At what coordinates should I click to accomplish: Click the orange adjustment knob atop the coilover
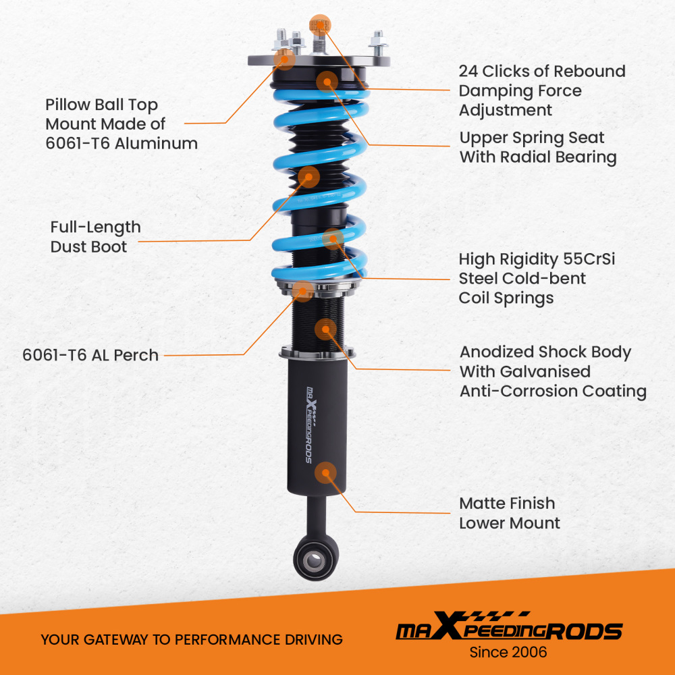[320, 25]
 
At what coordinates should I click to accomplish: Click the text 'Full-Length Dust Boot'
[95, 237]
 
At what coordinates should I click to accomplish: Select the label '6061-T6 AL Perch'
[90, 355]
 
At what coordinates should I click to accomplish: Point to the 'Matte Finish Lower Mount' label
[510, 513]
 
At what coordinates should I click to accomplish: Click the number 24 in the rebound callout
[468, 72]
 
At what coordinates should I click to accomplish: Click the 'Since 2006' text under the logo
[508, 652]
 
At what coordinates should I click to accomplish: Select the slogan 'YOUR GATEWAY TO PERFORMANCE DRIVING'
[192, 639]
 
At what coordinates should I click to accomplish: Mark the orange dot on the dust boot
[309, 177]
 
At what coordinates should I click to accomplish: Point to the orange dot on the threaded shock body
[325, 329]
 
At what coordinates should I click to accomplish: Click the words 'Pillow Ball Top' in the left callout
[101, 105]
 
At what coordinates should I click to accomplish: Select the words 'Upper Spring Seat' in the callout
[532, 138]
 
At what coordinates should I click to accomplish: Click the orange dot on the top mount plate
[286, 59]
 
